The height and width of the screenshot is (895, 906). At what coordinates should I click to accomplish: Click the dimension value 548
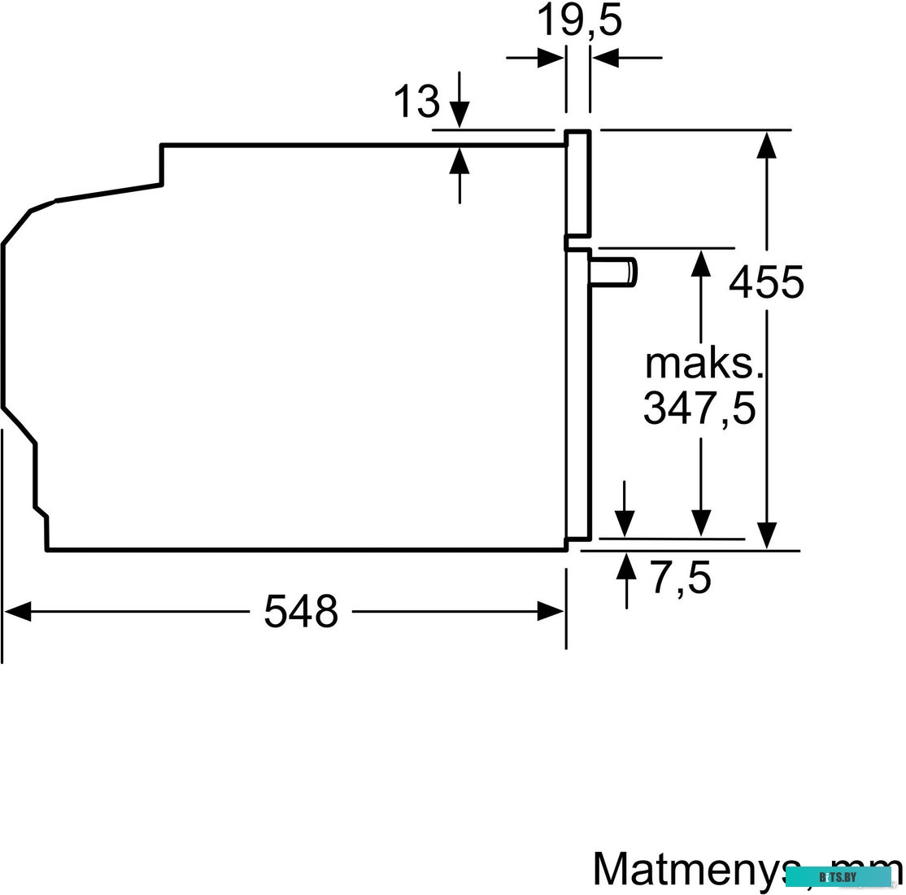point(300,611)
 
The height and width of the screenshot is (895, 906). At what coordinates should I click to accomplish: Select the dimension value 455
point(766,282)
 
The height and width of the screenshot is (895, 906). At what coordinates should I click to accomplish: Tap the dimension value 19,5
point(578,22)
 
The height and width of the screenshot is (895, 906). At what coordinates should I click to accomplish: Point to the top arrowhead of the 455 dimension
point(766,145)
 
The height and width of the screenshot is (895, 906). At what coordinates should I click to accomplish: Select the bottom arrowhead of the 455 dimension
point(766,535)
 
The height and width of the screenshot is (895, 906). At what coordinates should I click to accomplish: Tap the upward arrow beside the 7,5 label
point(626,565)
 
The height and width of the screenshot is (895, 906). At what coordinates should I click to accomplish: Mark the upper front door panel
point(578,183)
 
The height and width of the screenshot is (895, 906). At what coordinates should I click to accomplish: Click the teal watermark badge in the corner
point(838,877)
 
